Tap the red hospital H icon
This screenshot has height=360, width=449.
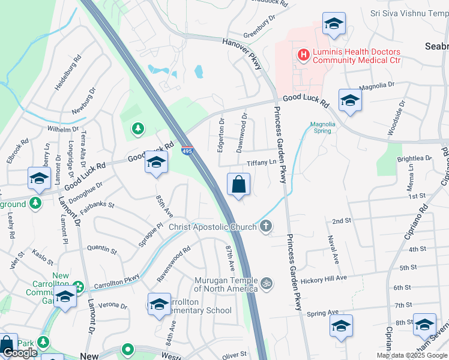(304, 55)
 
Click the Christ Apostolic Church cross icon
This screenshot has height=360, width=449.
(266, 226)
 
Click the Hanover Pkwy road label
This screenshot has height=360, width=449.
(243, 52)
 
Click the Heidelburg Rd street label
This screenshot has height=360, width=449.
(67, 74)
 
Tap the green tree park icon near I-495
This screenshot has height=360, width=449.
(138, 128)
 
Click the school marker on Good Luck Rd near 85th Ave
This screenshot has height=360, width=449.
(156, 162)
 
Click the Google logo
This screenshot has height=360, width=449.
(20, 353)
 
